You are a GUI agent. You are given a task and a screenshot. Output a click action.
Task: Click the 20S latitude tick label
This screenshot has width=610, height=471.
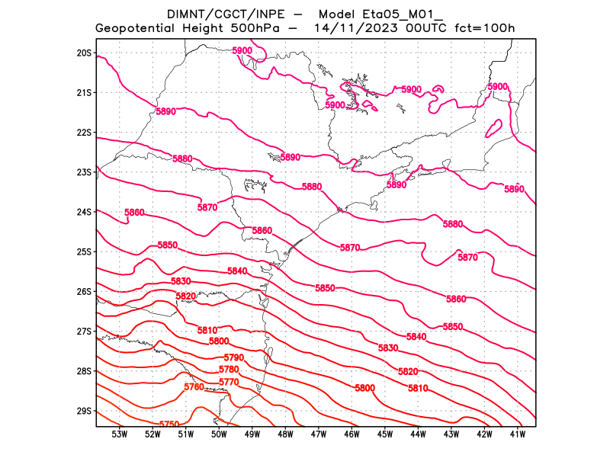tap(84, 53)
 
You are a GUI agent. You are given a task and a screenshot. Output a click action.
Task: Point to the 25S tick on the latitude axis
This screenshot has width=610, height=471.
tap(84, 252)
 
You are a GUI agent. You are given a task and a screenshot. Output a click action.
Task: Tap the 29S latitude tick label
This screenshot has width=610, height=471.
tap(84, 411)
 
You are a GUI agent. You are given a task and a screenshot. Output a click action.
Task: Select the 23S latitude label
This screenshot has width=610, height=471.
tap(84, 172)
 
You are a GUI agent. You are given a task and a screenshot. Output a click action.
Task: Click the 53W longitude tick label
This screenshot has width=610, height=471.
tap(119, 434)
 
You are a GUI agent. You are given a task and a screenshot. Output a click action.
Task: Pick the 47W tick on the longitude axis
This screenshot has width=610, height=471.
tap(319, 434)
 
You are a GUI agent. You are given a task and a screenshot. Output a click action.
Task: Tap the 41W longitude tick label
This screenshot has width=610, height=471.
tap(518, 434)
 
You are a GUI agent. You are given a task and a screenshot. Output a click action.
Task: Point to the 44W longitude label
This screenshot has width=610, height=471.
tap(418, 434)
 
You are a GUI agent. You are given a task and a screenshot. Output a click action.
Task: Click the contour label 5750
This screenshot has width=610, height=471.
tap(169, 425)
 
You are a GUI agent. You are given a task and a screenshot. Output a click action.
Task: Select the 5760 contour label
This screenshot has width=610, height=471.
tap(194, 387)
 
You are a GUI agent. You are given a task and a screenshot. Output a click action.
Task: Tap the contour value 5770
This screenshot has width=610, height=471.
tap(229, 382)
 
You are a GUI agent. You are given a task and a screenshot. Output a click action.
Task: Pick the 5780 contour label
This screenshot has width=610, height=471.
tap(229, 370)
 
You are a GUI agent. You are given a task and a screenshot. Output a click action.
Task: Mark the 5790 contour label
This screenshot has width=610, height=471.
tap(234, 357)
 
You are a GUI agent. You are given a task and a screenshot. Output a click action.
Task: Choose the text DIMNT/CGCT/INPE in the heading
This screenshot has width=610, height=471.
tap(214, 14)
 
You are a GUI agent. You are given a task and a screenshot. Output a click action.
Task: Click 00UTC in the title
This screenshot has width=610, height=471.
tap(426, 28)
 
